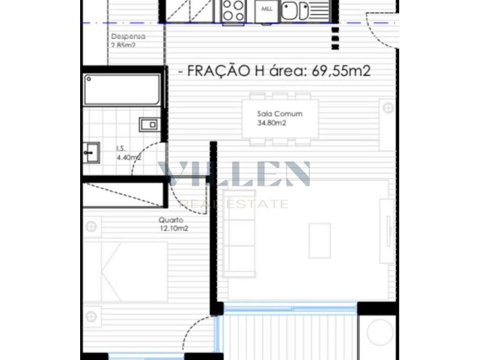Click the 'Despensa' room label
pos(128,36)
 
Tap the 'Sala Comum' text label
pos(280,113)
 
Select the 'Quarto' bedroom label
pos(171,220)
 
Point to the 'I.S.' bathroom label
pos(121,149)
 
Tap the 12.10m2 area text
pos(172,229)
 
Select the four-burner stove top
pos(233,10)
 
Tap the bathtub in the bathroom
pos(122,90)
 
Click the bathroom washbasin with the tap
pos(90,152)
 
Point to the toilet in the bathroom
pos(149,124)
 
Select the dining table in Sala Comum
pos(280,118)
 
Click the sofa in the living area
pos(239,233)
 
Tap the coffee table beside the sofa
pos(319,240)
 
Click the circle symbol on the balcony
pos(380,332)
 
